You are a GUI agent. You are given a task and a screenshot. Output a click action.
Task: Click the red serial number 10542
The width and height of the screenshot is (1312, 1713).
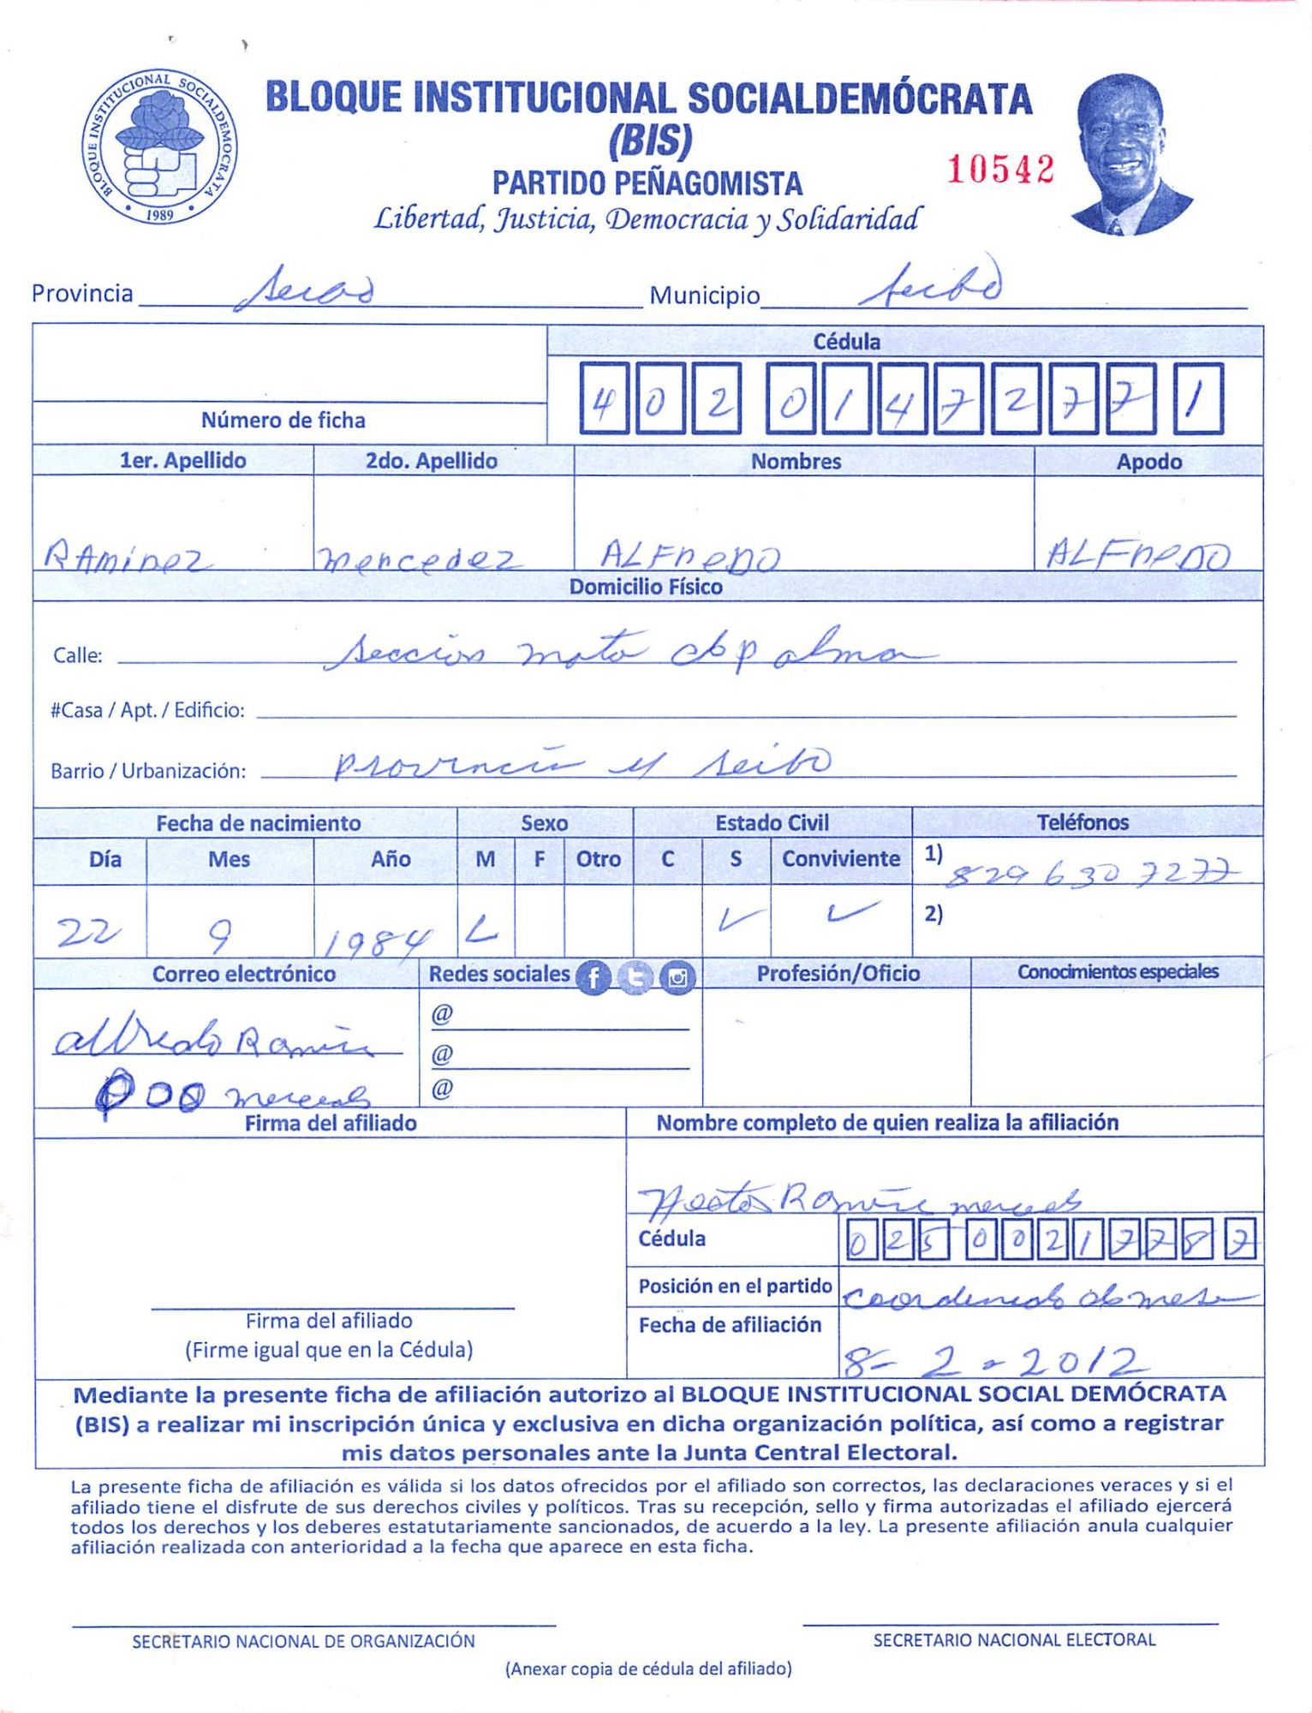click(x=999, y=169)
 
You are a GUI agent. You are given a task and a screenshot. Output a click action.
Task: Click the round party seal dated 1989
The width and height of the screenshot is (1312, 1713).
click(x=160, y=146)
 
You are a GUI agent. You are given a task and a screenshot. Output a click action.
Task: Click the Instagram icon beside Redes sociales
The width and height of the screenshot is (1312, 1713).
click(x=677, y=977)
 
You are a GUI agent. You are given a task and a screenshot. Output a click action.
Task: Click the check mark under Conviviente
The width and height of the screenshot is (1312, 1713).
click(x=851, y=913)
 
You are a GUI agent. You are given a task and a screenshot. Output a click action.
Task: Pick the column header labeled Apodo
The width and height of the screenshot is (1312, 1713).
click(x=1148, y=462)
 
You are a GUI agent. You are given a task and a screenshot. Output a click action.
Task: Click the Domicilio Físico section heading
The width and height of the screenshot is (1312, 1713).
click(x=646, y=587)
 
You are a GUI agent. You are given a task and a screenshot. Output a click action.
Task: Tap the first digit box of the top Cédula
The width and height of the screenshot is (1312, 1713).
click(x=603, y=399)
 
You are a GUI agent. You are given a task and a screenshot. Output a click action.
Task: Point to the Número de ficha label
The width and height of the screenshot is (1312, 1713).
click(x=283, y=420)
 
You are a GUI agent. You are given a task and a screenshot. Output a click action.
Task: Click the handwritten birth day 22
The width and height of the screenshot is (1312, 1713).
click(x=87, y=932)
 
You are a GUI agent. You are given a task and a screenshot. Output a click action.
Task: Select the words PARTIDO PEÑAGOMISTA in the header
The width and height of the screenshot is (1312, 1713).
click(x=647, y=183)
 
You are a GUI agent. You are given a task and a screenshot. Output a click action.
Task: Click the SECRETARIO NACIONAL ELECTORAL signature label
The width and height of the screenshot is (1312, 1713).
click(x=1014, y=1639)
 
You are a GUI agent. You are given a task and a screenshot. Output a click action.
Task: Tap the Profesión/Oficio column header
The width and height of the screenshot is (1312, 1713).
click(x=838, y=973)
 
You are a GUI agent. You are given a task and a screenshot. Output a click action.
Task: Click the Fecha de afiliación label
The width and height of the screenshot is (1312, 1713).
click(x=730, y=1325)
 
